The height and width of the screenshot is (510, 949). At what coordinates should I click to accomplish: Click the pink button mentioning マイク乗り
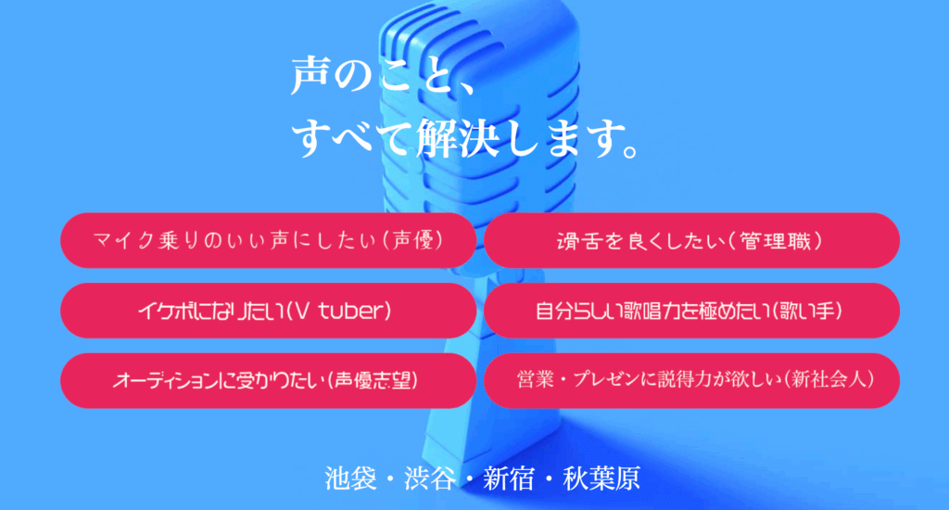[268, 240]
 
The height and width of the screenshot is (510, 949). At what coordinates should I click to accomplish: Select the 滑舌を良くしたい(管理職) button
[691, 240]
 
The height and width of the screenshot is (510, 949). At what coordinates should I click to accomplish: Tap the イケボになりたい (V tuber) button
[268, 311]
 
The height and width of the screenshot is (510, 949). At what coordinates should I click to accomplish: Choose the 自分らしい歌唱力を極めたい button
[691, 311]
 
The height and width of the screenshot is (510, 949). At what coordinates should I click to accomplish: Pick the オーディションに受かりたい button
[268, 380]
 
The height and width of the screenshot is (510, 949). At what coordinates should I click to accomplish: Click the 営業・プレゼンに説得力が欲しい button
[691, 380]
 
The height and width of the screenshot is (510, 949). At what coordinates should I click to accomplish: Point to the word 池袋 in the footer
[350, 478]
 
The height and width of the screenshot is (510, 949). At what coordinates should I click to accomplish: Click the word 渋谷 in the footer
[430, 478]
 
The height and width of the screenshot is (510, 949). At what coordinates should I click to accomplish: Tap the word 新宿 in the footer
[509, 478]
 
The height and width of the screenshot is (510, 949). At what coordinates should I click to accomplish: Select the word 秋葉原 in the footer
[601, 478]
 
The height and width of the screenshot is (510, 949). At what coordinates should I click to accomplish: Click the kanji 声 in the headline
[310, 76]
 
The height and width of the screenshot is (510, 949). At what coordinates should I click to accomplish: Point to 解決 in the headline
[458, 138]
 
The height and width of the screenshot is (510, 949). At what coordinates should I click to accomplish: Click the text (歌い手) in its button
[807, 312]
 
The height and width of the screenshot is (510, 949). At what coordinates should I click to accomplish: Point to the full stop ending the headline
[631, 149]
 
